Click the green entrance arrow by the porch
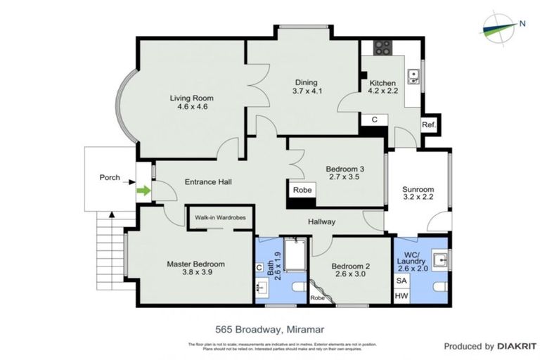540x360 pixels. [143, 191]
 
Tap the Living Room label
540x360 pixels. [191, 102]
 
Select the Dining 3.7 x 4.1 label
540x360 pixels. [307, 86]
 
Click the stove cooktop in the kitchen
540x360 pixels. [383, 48]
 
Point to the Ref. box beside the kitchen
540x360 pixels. [428, 125]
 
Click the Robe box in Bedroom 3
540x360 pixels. [302, 190]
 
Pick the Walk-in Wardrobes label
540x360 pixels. [220, 218]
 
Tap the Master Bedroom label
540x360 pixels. [195, 269]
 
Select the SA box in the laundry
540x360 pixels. [401, 281]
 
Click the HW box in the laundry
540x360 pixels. [401, 297]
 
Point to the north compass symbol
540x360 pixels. [501, 27]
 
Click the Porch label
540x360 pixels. [109, 178]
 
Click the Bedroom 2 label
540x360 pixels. [350, 271]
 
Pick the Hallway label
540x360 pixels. [321, 222]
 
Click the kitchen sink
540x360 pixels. [414, 73]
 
